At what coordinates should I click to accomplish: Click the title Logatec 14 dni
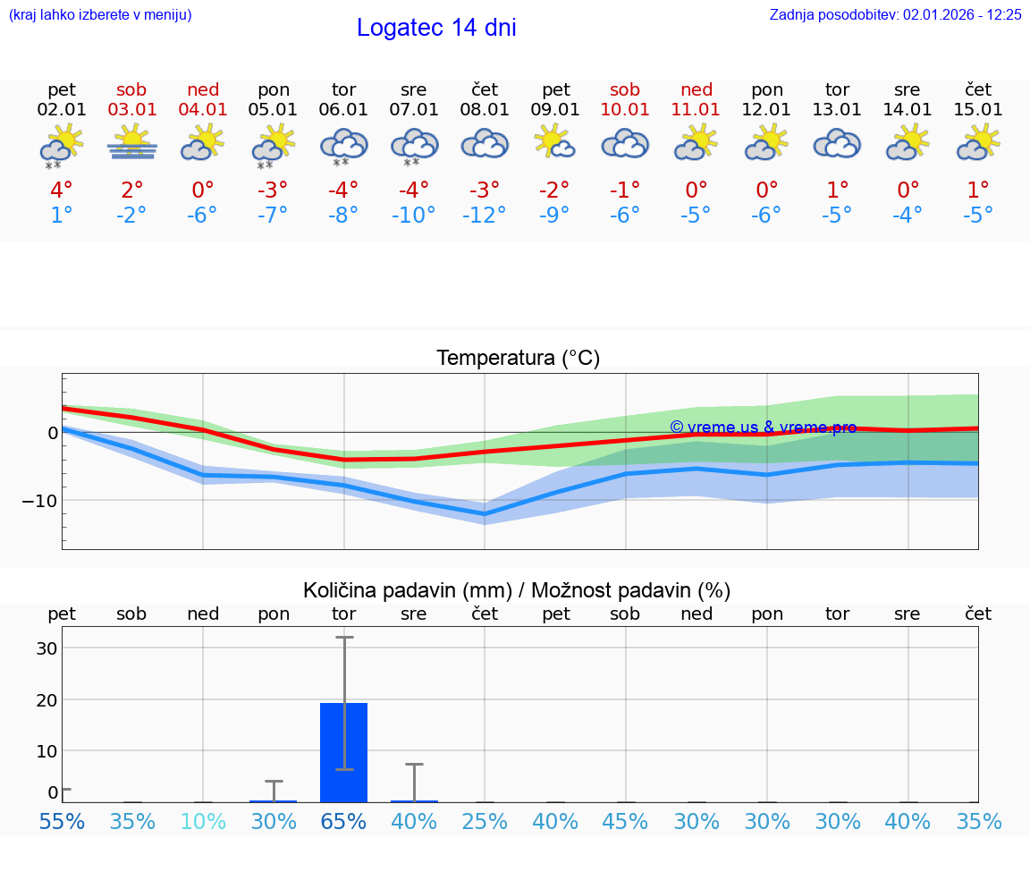pos(436,28)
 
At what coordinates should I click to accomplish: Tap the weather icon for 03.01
pos(132,142)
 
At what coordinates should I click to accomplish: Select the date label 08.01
pos(485,110)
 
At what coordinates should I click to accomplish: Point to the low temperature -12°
pos(485,216)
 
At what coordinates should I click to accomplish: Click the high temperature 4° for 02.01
pos(62,190)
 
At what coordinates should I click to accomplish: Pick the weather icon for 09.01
pos(555,142)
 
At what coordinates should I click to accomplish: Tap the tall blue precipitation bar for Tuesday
pos(344,752)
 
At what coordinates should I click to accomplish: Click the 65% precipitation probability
pos(344,822)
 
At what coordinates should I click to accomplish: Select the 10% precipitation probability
pos(203,822)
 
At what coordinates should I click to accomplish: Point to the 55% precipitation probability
pos(62,822)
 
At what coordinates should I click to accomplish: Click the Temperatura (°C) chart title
pos(518,359)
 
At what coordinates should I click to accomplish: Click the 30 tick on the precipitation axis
pos(46,648)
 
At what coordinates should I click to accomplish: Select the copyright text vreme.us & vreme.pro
pos(764,428)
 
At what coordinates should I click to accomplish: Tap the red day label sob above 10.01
pos(625,89)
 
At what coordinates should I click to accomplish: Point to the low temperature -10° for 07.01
pos(413,216)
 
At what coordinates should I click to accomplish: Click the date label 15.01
pos(978,110)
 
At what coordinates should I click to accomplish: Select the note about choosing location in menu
pos(100,14)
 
